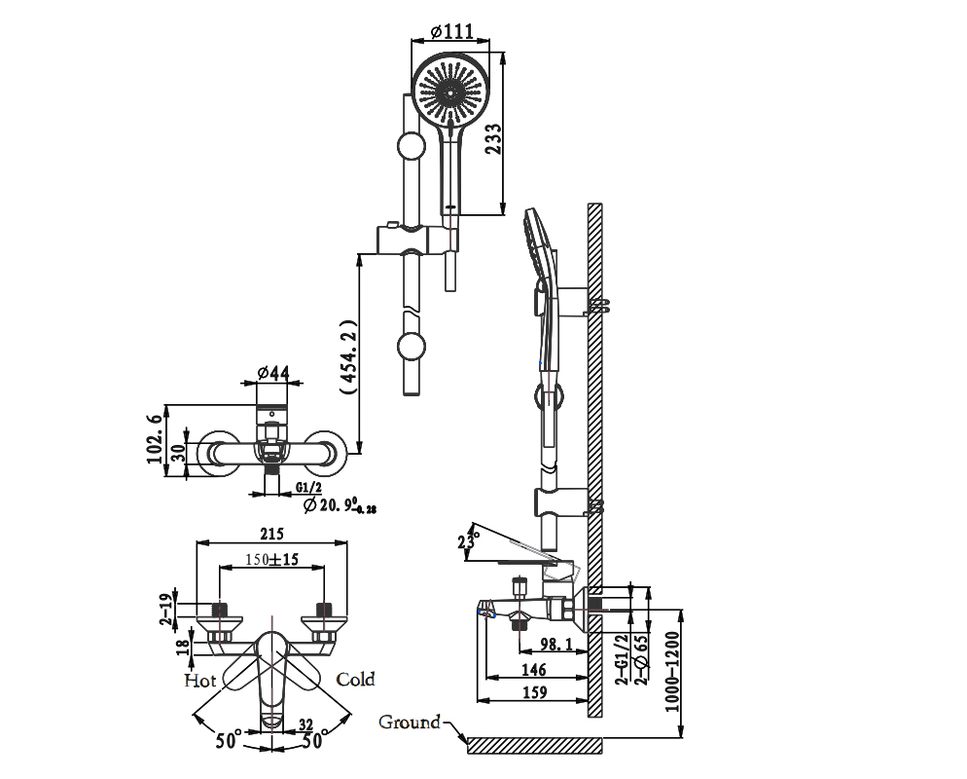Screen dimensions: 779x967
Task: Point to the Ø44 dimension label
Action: click(x=273, y=373)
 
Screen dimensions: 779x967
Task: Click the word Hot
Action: click(x=200, y=680)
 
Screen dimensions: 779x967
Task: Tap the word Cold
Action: click(x=355, y=679)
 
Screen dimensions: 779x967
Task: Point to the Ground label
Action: click(x=410, y=723)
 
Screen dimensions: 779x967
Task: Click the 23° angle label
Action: click(x=469, y=540)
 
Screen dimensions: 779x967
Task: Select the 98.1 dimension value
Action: click(x=555, y=644)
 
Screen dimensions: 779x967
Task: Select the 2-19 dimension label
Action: click(x=166, y=608)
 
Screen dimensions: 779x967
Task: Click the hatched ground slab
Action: click(x=535, y=745)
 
